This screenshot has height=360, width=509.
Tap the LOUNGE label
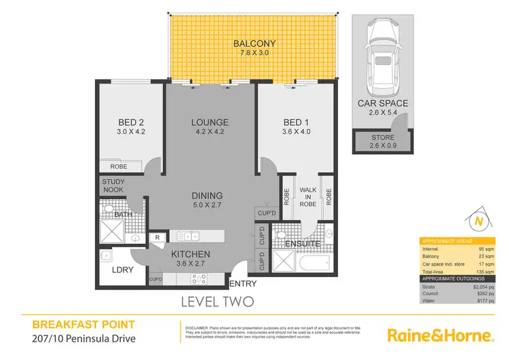pyautogui.click(x=209, y=122)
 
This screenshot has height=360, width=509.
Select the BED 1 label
pyautogui.click(x=296, y=122)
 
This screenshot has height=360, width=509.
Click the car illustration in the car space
pyautogui.click(x=383, y=58)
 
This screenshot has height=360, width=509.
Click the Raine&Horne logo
pyautogui.click(x=439, y=336)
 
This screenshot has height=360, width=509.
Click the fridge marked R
pyautogui.click(x=157, y=236)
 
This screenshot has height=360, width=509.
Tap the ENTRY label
pyautogui.click(x=244, y=284)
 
